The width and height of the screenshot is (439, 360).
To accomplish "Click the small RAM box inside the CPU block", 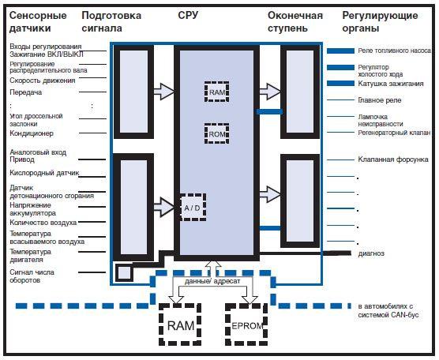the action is point(216,92).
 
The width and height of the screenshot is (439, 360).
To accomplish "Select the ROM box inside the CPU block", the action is point(216,133).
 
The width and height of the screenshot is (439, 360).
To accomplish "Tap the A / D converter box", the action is point(193,207).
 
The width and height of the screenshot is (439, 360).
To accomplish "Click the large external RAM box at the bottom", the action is point(180,324).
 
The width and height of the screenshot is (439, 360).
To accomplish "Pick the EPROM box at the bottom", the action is point(246,324).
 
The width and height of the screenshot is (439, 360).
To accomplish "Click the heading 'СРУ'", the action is point(188,16).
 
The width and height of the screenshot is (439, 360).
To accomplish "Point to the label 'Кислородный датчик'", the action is point(44,173).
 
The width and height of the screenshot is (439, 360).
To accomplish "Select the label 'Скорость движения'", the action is point(43,81).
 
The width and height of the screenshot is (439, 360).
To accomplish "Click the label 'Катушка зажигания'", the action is point(391,84).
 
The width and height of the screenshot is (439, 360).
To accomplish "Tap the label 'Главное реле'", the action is point(379,100).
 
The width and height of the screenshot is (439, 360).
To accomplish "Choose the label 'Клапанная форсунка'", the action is point(393,159).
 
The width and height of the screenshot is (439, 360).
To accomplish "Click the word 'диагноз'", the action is point(371,253).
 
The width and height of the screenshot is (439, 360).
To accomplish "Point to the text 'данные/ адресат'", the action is point(212,281).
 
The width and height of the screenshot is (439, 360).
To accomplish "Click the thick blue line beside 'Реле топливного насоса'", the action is point(340,51).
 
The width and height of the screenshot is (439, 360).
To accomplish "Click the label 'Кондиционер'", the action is point(31,133).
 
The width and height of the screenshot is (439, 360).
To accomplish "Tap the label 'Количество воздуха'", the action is point(43,223).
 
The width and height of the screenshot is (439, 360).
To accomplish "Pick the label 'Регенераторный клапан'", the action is point(394,133).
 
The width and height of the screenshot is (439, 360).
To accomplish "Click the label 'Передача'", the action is point(26,92).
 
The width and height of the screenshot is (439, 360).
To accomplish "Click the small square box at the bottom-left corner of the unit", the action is point(124,272).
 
